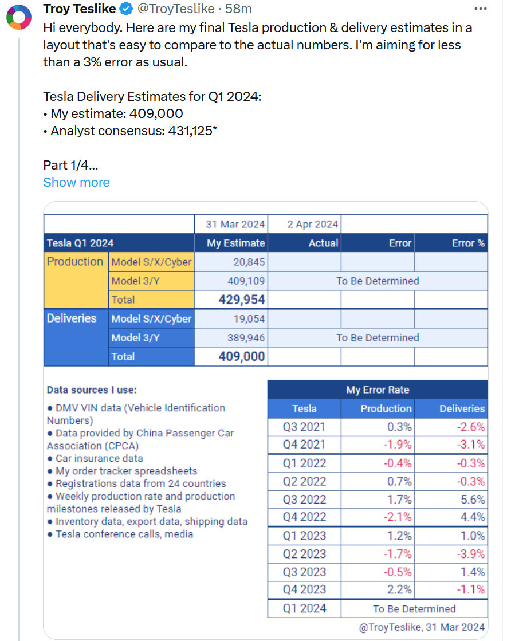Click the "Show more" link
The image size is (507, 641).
coord(76,182)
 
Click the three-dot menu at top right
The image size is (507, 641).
coord(481,9)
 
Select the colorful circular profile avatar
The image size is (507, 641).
coord(18,18)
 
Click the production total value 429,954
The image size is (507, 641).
coord(242,300)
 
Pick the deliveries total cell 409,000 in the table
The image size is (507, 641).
coord(242,356)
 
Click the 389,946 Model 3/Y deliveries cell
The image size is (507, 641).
coord(246,337)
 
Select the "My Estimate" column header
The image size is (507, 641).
coord(236,243)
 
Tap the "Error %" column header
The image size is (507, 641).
coord(468,243)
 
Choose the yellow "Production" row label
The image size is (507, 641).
coord(75,262)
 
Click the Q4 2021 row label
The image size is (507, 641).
coord(304,444)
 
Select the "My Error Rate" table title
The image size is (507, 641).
coord(378,390)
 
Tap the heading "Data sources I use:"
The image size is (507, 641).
coord(92,390)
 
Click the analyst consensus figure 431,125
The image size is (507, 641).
coord(192,131)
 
